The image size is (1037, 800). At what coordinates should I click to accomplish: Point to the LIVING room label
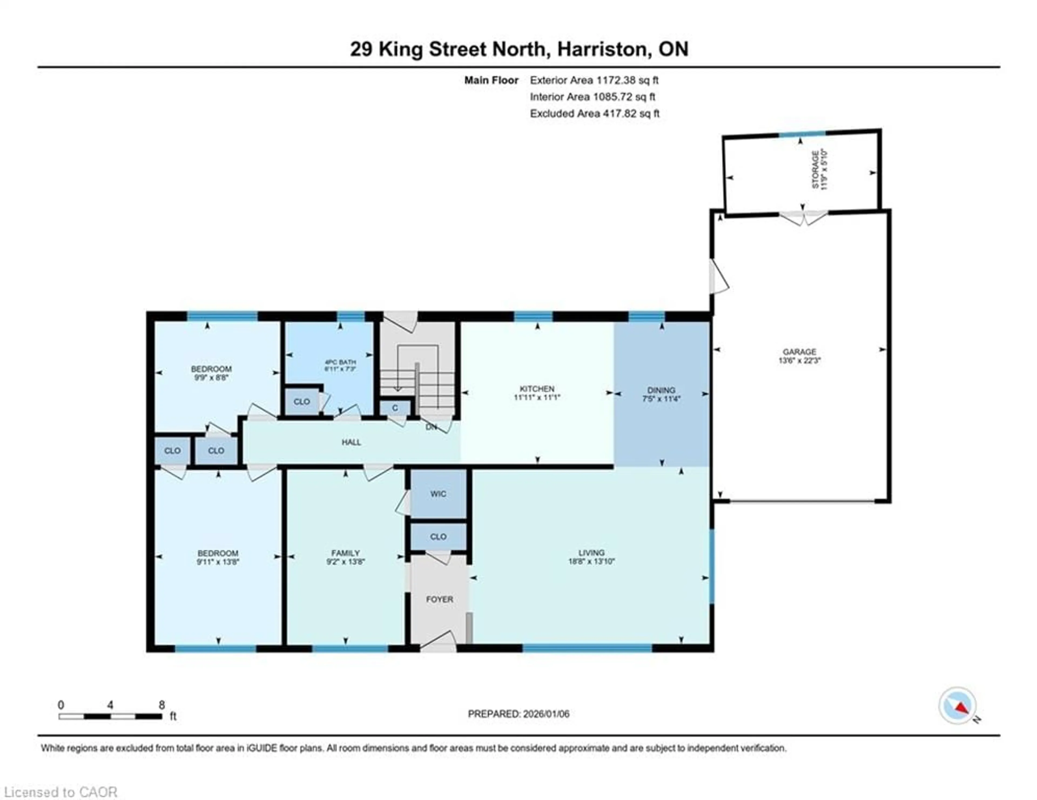click(591, 552)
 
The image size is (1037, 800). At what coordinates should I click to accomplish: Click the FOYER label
click(439, 599)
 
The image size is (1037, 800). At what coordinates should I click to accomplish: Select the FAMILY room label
click(345, 553)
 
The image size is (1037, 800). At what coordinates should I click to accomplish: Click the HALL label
click(351, 442)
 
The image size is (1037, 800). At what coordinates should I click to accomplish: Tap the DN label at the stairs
click(431, 427)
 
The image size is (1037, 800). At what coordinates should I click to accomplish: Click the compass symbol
click(957, 706)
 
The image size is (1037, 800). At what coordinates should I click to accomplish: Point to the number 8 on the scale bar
click(162, 705)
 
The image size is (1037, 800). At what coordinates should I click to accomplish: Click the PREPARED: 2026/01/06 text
click(518, 714)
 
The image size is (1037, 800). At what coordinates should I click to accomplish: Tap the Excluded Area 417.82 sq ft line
click(594, 113)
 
